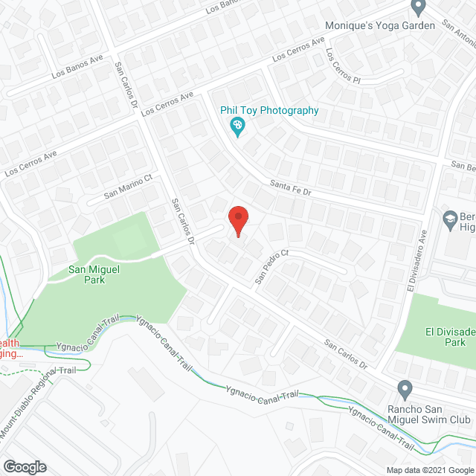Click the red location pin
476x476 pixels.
tap(237, 220)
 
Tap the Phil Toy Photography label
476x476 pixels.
tap(269, 111)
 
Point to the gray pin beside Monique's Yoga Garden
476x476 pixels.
tap(418, 7)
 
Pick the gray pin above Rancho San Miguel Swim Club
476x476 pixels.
tap(405, 388)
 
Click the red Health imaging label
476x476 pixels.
tap(11, 348)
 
